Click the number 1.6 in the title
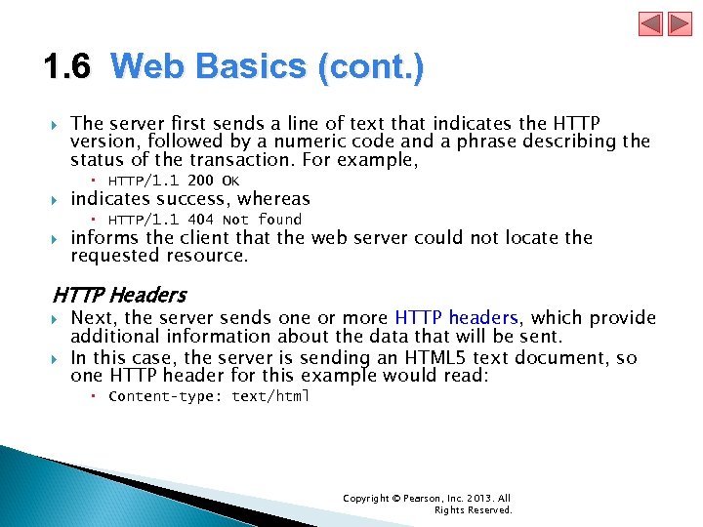67,67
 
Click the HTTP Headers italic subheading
119,294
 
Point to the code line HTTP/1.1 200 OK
174,181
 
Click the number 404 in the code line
201,220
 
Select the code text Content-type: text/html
209,396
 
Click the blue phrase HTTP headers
457,318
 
